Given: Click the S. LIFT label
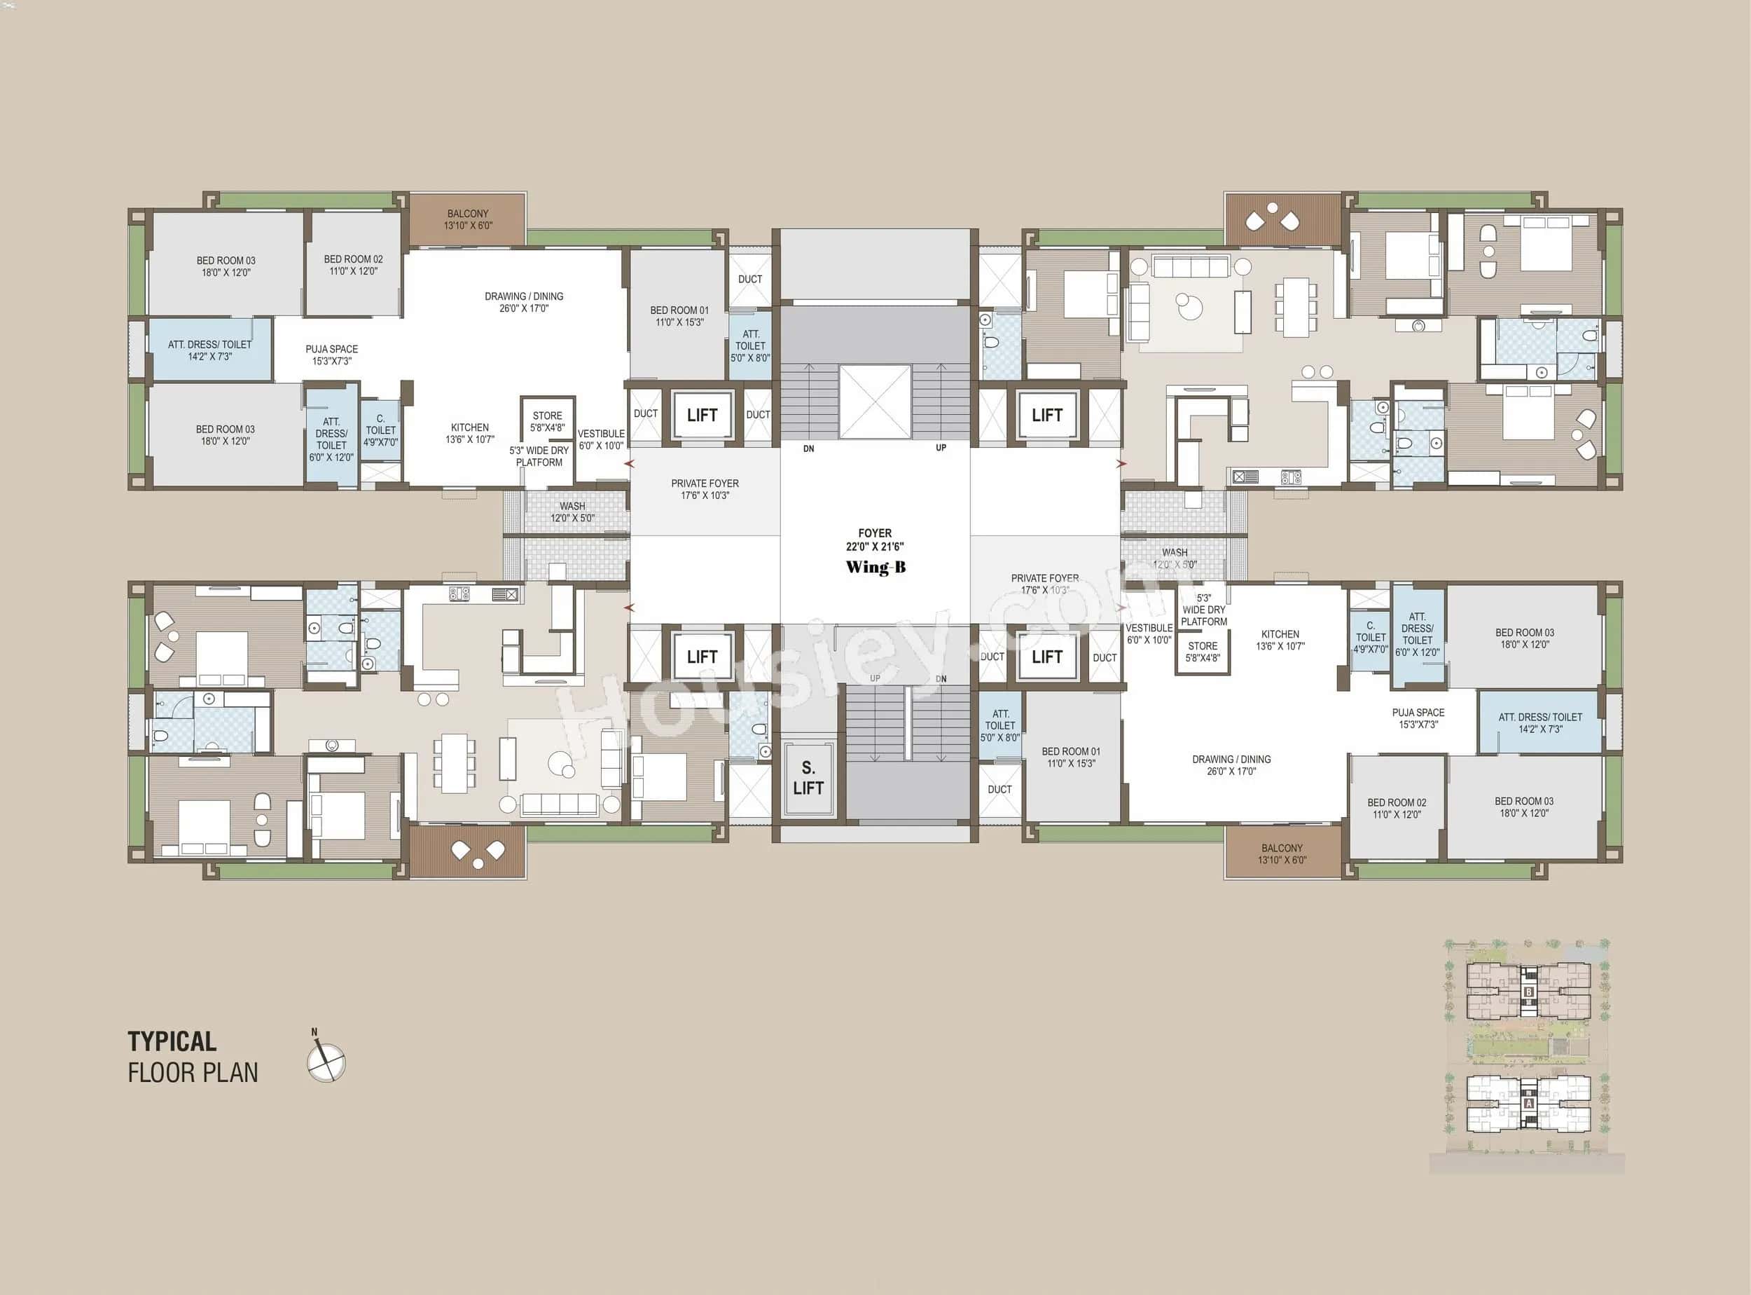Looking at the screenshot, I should [x=808, y=778].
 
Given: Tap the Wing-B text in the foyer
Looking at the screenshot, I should [x=875, y=568].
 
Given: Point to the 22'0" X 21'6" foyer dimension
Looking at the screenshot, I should [x=875, y=547].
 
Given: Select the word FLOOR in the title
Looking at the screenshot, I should [x=160, y=1073].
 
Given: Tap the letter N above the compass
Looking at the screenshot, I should [x=314, y=1032].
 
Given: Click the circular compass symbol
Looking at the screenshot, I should [x=326, y=1063].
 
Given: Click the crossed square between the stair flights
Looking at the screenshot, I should [x=874, y=402].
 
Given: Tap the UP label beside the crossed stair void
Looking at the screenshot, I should [x=941, y=448].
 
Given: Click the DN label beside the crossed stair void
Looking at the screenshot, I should [x=808, y=449].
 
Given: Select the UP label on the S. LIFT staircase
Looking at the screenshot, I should [x=875, y=679].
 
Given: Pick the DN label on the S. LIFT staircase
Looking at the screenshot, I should [x=941, y=679].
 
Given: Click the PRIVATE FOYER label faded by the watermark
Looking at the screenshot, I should [x=1045, y=584].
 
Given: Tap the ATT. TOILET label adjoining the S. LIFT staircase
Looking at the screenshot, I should [x=1000, y=726].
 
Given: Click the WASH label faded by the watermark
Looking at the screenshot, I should [x=1175, y=558].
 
